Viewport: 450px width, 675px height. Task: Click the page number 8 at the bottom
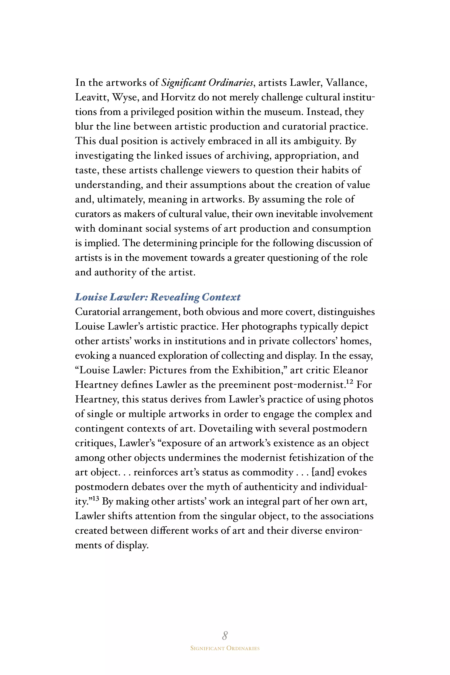(225, 635)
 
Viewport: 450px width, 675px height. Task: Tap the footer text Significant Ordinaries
(225, 648)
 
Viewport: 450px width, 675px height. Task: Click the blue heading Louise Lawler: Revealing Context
(158, 297)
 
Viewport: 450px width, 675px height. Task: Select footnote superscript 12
(349, 381)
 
